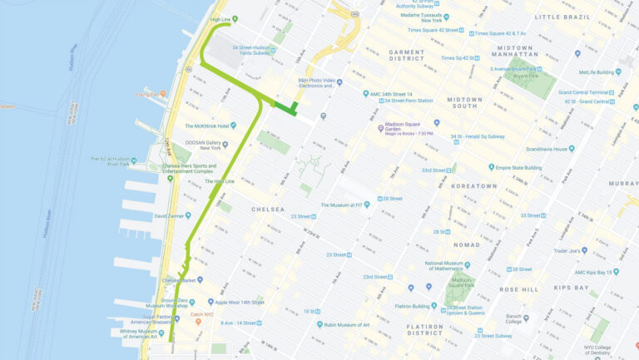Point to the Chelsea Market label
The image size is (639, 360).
coord(182,280)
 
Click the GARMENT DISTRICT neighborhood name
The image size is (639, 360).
coord(406,56)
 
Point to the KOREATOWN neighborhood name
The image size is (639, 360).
coord(473,186)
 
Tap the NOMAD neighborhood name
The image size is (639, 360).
coord(466,244)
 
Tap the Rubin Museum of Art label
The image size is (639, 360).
coord(349,324)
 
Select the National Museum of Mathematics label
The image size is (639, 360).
coord(449,266)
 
